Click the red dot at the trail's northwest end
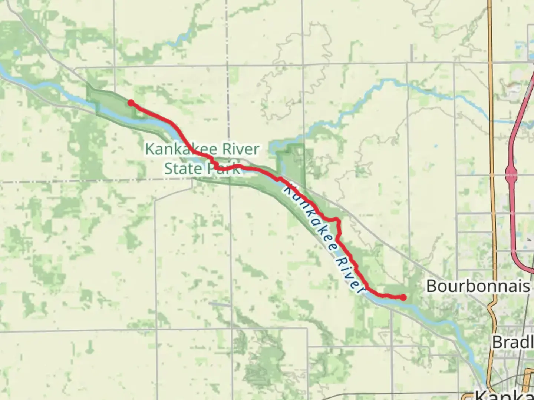click(131, 103)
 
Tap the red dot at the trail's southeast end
click(403, 297)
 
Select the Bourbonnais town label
click(478, 286)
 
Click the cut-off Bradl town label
click(512, 342)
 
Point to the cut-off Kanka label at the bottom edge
click(504, 395)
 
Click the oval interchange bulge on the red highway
click(511, 173)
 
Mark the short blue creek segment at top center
click(179, 39)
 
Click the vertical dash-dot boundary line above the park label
click(228, 111)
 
